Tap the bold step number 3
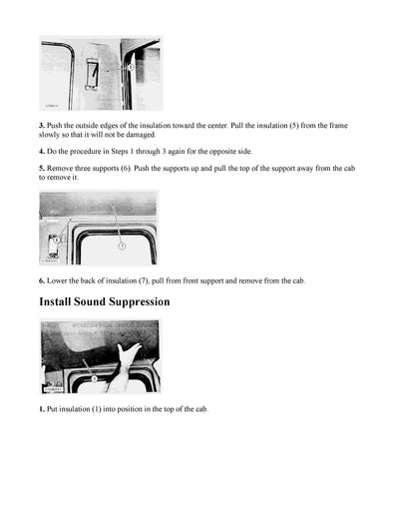tap(42, 125)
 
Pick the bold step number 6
tap(42, 280)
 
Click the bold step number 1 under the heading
tap(42, 409)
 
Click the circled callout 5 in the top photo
tap(132, 66)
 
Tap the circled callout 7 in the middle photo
tap(122, 245)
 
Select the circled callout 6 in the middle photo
tap(57, 240)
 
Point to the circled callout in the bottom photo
tap(91, 378)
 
